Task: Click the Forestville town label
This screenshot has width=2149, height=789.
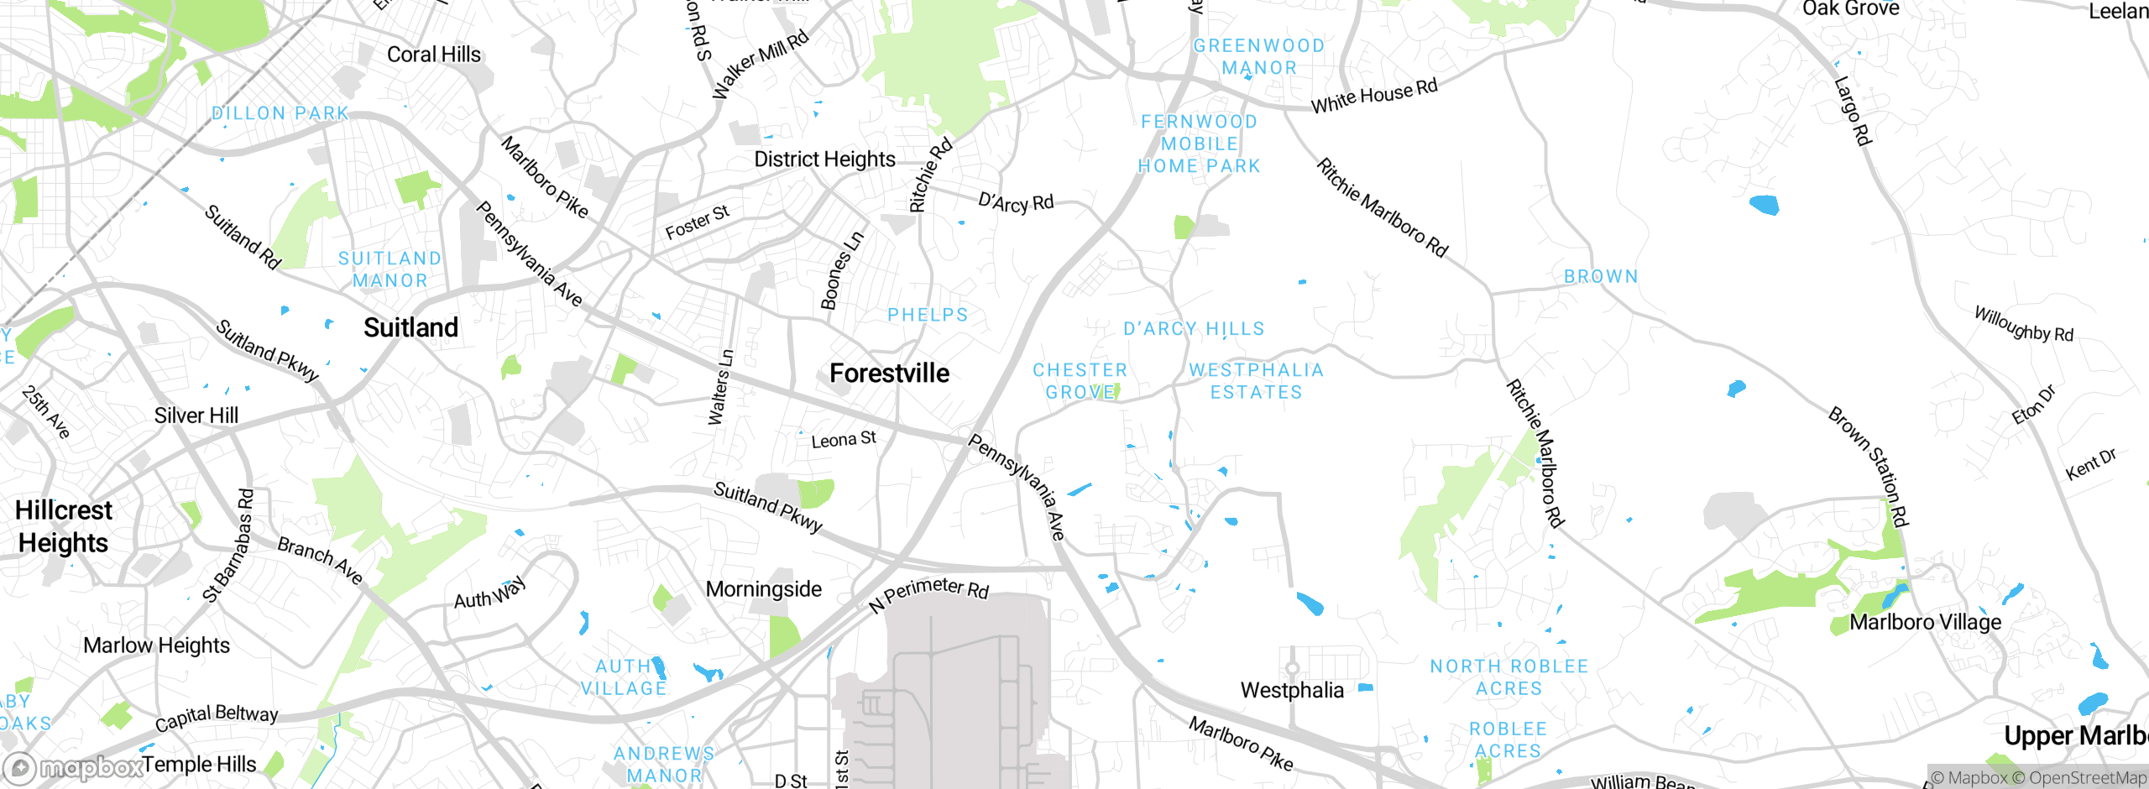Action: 889,373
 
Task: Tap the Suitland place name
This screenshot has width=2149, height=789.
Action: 410,327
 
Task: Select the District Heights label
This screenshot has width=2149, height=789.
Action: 824,159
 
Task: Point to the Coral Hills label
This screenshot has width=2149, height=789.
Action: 434,55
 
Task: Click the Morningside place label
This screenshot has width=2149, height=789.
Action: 763,589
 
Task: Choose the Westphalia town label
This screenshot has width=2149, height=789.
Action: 1292,690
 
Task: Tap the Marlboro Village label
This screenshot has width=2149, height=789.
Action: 1925,622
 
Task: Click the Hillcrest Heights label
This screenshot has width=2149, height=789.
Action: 63,526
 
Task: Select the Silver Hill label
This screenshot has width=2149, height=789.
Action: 196,415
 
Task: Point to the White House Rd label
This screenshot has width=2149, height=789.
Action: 1374,96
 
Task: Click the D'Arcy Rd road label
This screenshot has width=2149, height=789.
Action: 1016,202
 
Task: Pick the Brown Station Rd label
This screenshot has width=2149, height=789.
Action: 1869,467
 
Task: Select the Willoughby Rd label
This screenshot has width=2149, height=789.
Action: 2023,325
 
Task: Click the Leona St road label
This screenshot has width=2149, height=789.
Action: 843,440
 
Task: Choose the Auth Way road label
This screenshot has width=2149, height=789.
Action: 489,593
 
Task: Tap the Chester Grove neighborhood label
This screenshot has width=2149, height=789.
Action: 1080,381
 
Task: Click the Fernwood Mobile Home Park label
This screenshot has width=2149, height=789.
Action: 1199,144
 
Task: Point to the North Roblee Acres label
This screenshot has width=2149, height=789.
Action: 1508,677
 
